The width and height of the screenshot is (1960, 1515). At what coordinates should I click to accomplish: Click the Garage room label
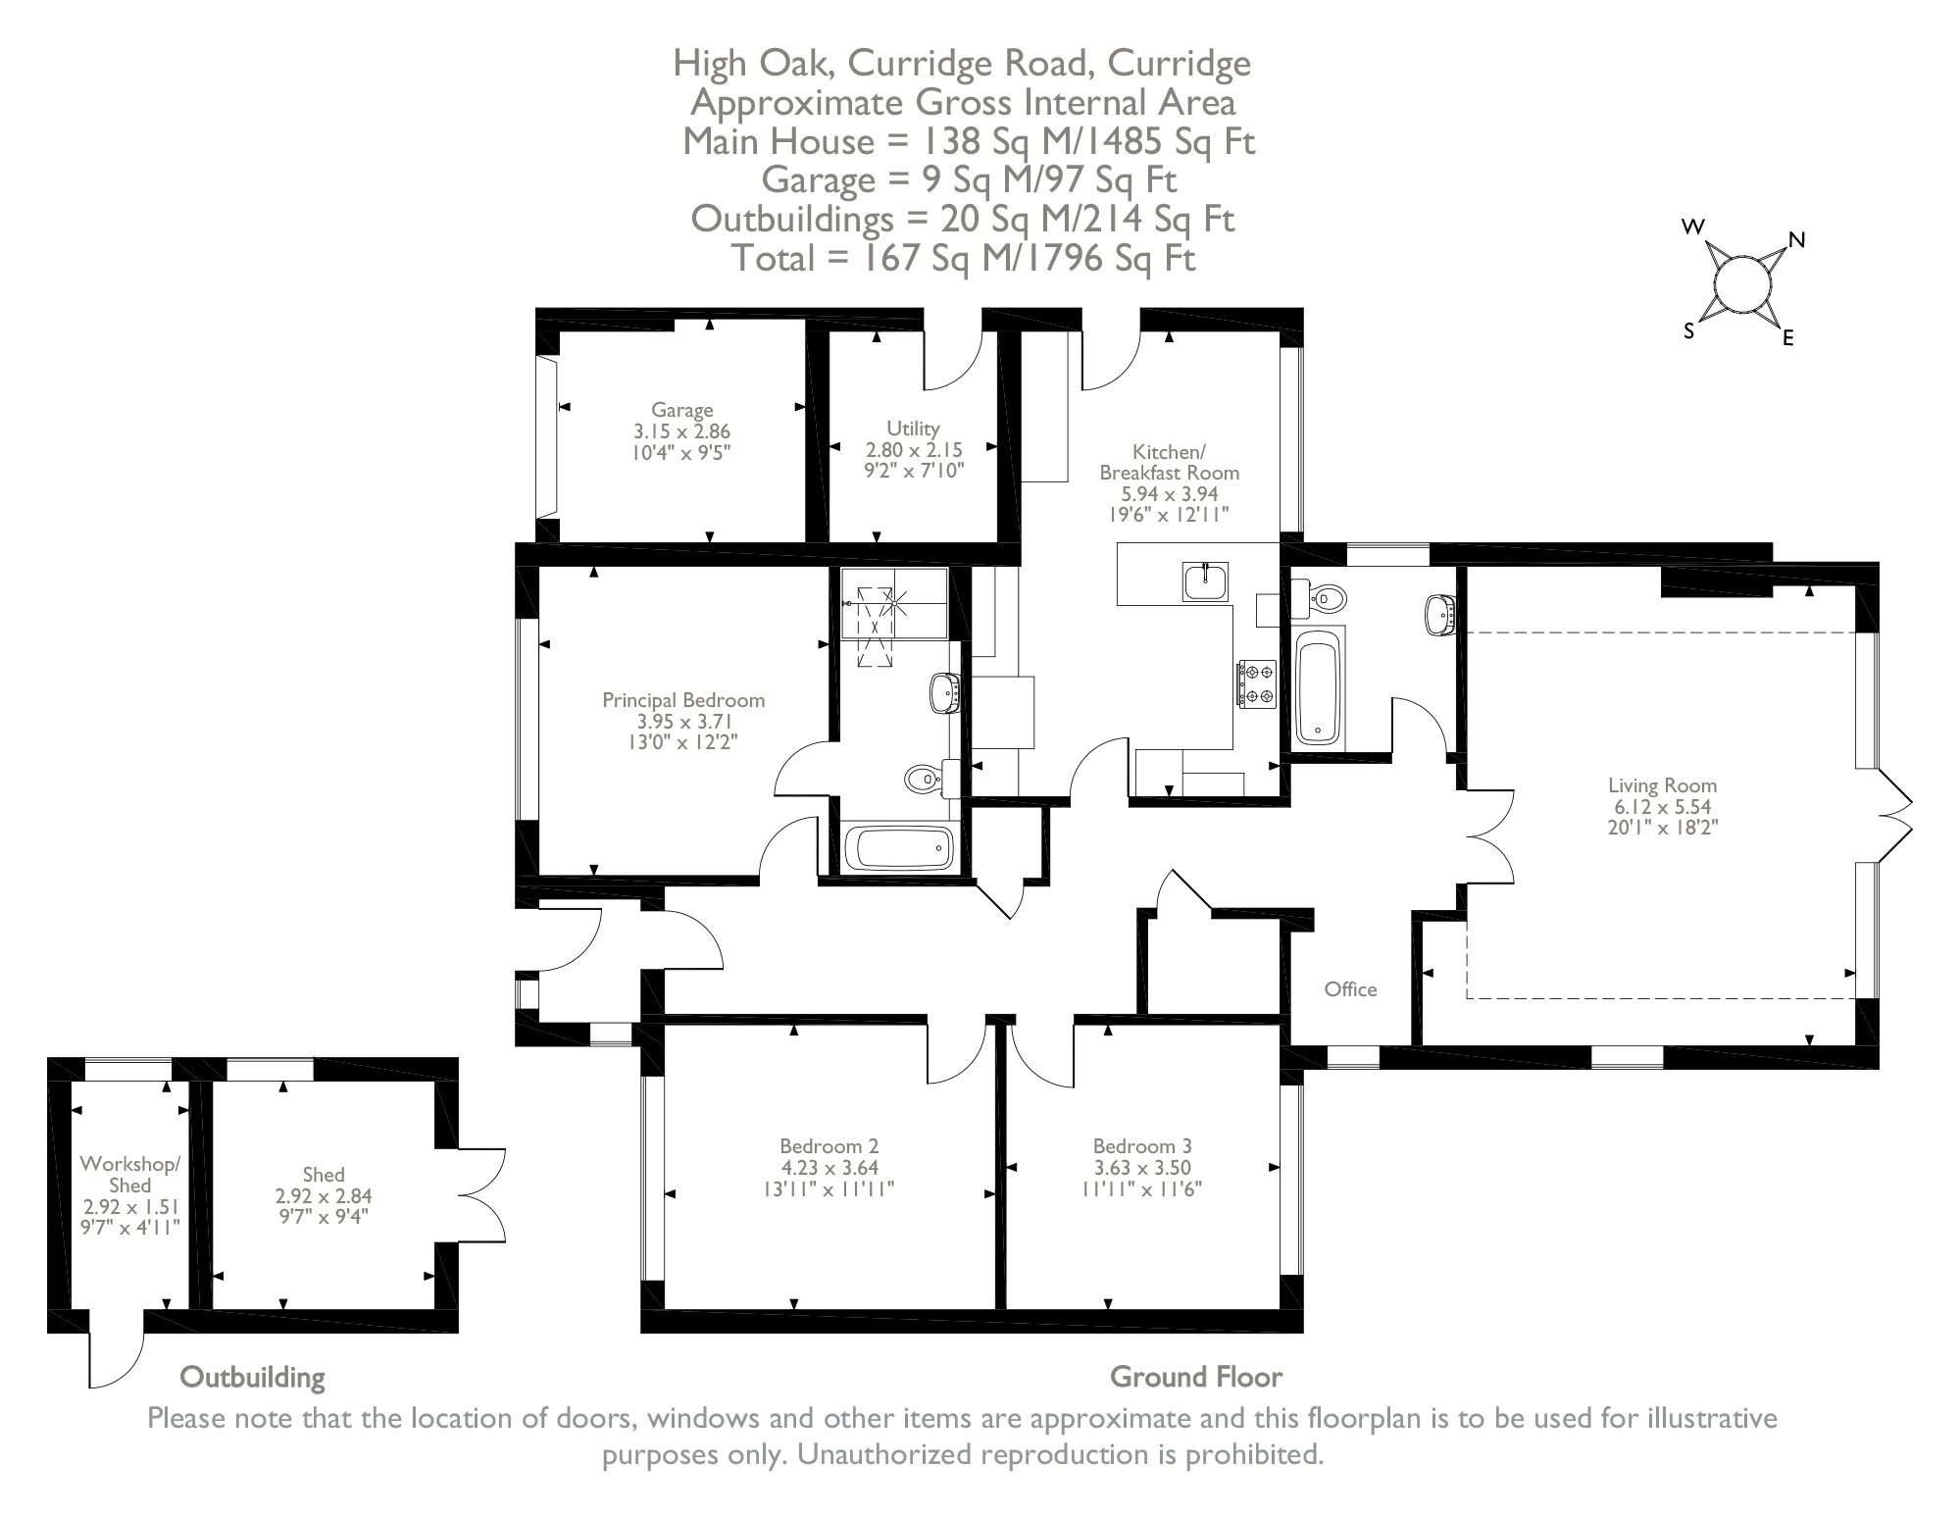[681, 410]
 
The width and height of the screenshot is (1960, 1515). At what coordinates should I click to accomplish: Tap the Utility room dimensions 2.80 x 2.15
[913, 450]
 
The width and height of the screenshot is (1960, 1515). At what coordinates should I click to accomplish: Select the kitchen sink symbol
[1204, 581]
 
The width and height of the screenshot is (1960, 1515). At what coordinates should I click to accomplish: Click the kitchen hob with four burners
[1256, 683]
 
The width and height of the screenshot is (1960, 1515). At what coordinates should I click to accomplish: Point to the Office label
[1350, 989]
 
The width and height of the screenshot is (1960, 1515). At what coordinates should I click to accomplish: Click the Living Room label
[1662, 785]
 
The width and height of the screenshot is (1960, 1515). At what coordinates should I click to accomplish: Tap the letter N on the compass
[1797, 240]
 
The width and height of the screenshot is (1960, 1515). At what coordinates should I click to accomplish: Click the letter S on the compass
[1688, 331]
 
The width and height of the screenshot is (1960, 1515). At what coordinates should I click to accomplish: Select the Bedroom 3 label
[1142, 1145]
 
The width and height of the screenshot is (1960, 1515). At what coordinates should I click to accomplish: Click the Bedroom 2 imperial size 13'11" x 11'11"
[829, 1189]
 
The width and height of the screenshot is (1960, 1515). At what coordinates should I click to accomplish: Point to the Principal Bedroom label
[682, 700]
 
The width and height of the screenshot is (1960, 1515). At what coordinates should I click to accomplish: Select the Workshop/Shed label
[129, 1174]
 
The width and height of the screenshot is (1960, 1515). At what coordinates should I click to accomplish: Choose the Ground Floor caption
[1195, 1377]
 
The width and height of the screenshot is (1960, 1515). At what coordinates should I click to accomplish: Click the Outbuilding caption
[252, 1377]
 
